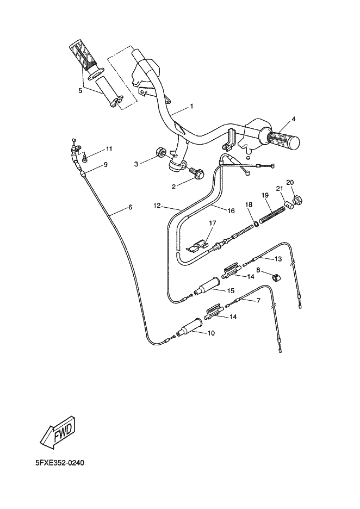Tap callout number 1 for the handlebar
[x=191, y=107]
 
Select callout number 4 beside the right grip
[x=293, y=119]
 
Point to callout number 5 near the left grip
[x=80, y=91]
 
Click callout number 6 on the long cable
[x=130, y=207]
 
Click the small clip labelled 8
[x=276, y=277]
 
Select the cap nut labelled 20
[x=296, y=201]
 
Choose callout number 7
[x=258, y=301]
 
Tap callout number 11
[x=109, y=148]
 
